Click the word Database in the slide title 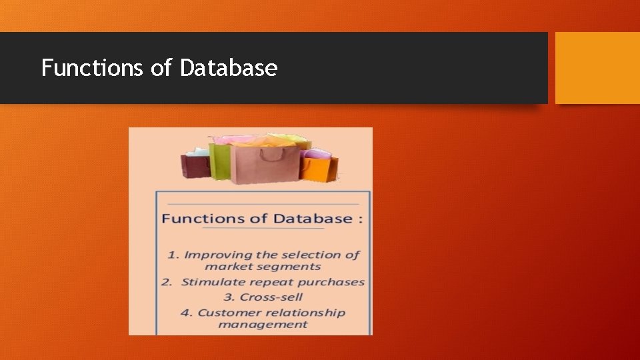coord(229,68)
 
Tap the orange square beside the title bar coord(597,68)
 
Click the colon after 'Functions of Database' coord(361,219)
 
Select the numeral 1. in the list coord(173,255)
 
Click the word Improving coord(217,255)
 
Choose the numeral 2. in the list coord(167,282)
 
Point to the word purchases coord(331,282)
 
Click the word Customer coord(226,313)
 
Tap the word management coord(263,325)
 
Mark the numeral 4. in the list coord(186,313)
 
